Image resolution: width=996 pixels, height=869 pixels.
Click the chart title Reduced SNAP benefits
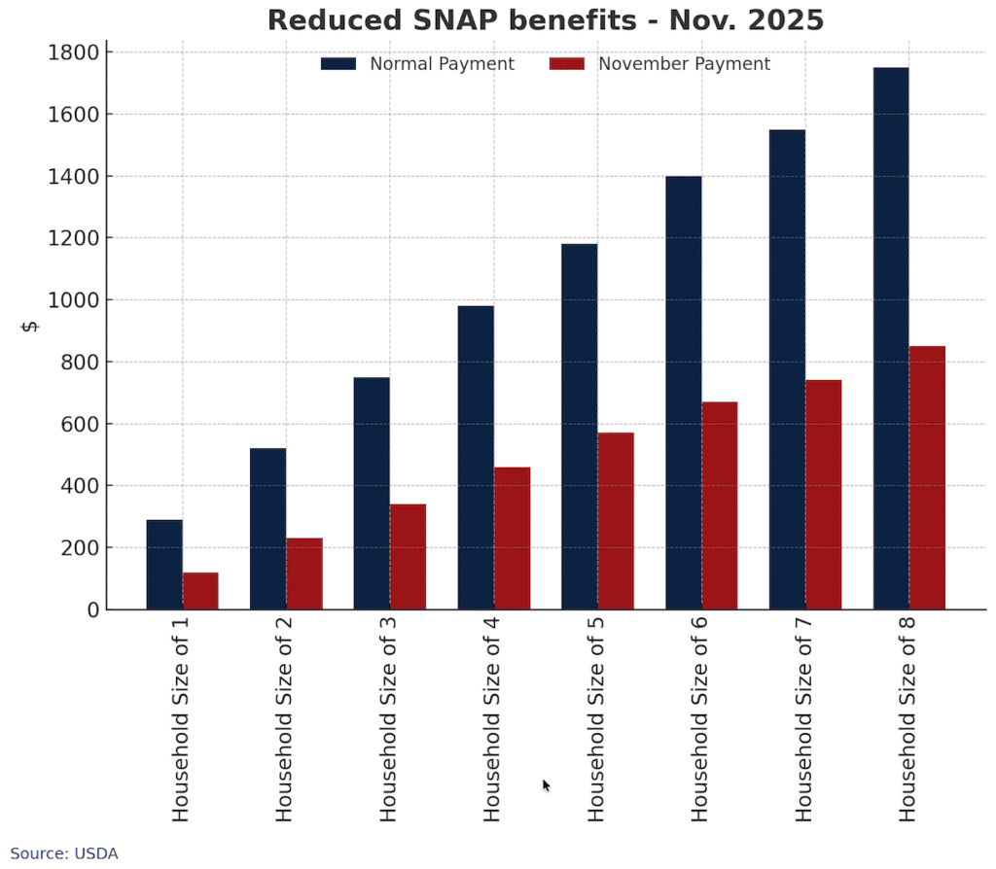(x=546, y=20)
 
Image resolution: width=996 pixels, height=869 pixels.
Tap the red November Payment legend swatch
(x=567, y=64)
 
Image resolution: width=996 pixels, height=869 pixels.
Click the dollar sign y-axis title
(x=30, y=326)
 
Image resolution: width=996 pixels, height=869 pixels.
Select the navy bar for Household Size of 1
(x=164, y=565)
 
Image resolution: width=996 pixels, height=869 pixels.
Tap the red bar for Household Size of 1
(x=200, y=591)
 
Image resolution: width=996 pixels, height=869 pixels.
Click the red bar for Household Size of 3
(x=408, y=557)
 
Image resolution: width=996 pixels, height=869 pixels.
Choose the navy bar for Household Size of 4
(x=476, y=458)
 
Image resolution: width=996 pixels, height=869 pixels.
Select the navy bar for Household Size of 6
(x=684, y=393)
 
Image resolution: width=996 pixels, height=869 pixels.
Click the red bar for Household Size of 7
(x=823, y=495)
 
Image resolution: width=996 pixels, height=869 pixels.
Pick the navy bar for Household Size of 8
(x=891, y=338)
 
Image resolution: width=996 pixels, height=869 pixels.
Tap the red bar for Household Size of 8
(x=927, y=477)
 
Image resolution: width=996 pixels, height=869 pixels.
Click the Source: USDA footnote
(x=64, y=853)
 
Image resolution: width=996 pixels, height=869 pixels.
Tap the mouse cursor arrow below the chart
(x=546, y=784)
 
